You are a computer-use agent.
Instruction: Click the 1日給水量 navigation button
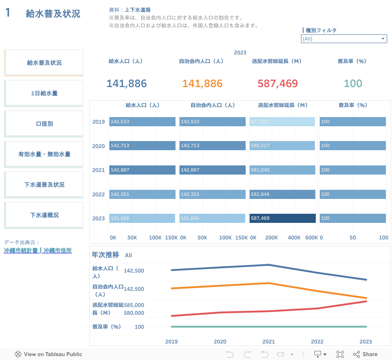click(x=44, y=93)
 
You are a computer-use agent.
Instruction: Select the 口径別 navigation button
click(x=44, y=124)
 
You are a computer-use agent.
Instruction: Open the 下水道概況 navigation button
click(x=44, y=215)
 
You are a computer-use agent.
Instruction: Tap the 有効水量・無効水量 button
click(x=44, y=154)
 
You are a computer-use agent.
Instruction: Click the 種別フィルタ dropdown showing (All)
click(x=344, y=39)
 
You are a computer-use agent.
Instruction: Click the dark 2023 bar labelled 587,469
click(x=283, y=218)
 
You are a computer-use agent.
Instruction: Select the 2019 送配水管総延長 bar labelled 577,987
click(x=282, y=121)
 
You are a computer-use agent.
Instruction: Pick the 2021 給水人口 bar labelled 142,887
click(x=142, y=170)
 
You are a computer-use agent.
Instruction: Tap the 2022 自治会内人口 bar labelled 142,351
click(x=213, y=194)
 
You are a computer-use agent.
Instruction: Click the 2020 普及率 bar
click(x=352, y=146)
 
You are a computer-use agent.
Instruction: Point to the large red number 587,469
click(x=277, y=84)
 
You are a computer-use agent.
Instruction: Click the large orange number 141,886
click(x=202, y=84)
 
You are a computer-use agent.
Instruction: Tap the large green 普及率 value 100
click(x=353, y=84)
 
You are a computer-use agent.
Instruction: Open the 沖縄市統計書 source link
click(x=21, y=251)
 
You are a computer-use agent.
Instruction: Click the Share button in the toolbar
click(x=365, y=354)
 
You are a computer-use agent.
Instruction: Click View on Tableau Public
click(x=48, y=354)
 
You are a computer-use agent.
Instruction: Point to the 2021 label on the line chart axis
click(x=268, y=342)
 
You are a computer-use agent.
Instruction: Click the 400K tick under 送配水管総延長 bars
click(x=294, y=238)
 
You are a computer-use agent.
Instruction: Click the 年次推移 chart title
click(x=106, y=255)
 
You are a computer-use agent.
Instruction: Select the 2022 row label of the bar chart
click(x=98, y=194)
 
